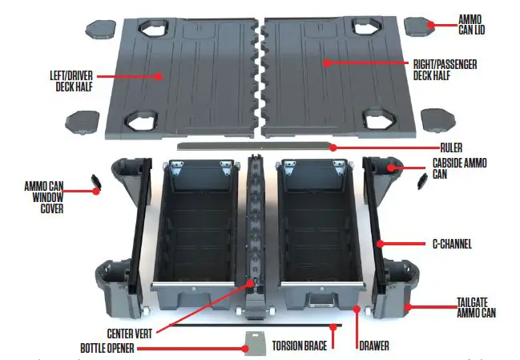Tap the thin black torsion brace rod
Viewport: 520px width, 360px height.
point(240,326)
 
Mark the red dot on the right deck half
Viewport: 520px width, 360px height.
point(325,61)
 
